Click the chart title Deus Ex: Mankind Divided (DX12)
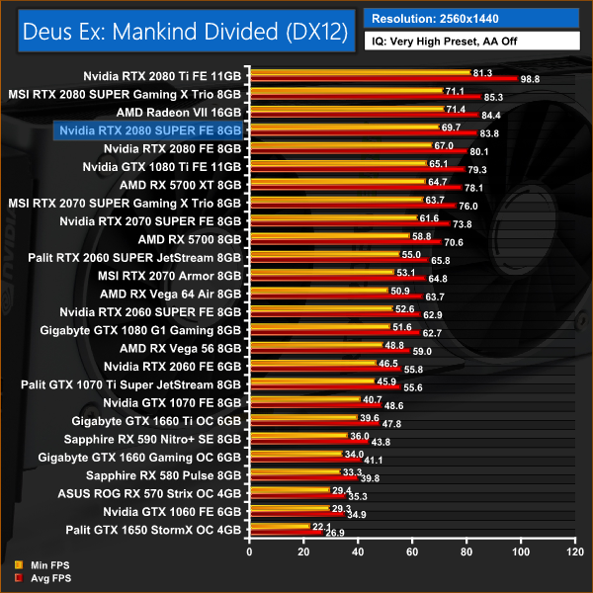pyautogui.click(x=180, y=32)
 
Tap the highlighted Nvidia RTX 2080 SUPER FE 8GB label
pyautogui.click(x=149, y=129)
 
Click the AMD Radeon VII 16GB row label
pyautogui.click(x=178, y=112)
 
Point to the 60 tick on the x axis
pyautogui.click(x=410, y=551)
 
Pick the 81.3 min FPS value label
pyautogui.click(x=484, y=72)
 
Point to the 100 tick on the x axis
pyautogui.click(x=518, y=551)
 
